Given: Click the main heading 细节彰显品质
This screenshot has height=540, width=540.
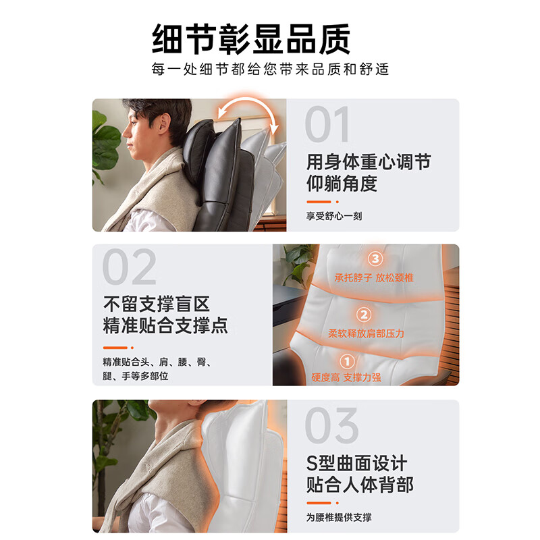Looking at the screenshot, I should (x=251, y=39).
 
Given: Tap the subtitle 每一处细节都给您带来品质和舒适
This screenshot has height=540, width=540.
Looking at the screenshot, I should (x=270, y=70).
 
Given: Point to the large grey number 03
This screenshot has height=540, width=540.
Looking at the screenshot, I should (x=331, y=425).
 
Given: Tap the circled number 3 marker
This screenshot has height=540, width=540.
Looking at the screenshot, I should (x=375, y=259).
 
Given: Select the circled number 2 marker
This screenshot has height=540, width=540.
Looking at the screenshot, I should (x=364, y=315).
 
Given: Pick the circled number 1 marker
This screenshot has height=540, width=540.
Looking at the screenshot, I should (x=346, y=362).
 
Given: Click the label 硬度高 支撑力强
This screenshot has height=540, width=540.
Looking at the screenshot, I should (x=346, y=378).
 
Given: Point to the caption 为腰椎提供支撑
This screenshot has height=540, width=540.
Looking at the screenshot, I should (x=339, y=518).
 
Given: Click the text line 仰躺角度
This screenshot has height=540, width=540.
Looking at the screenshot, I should (x=342, y=183).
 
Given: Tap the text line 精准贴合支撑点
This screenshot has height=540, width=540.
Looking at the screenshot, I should (x=165, y=325).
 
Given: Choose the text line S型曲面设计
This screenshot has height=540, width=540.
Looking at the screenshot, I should (x=356, y=464).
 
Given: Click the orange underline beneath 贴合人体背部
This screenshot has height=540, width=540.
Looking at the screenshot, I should (x=318, y=503).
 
